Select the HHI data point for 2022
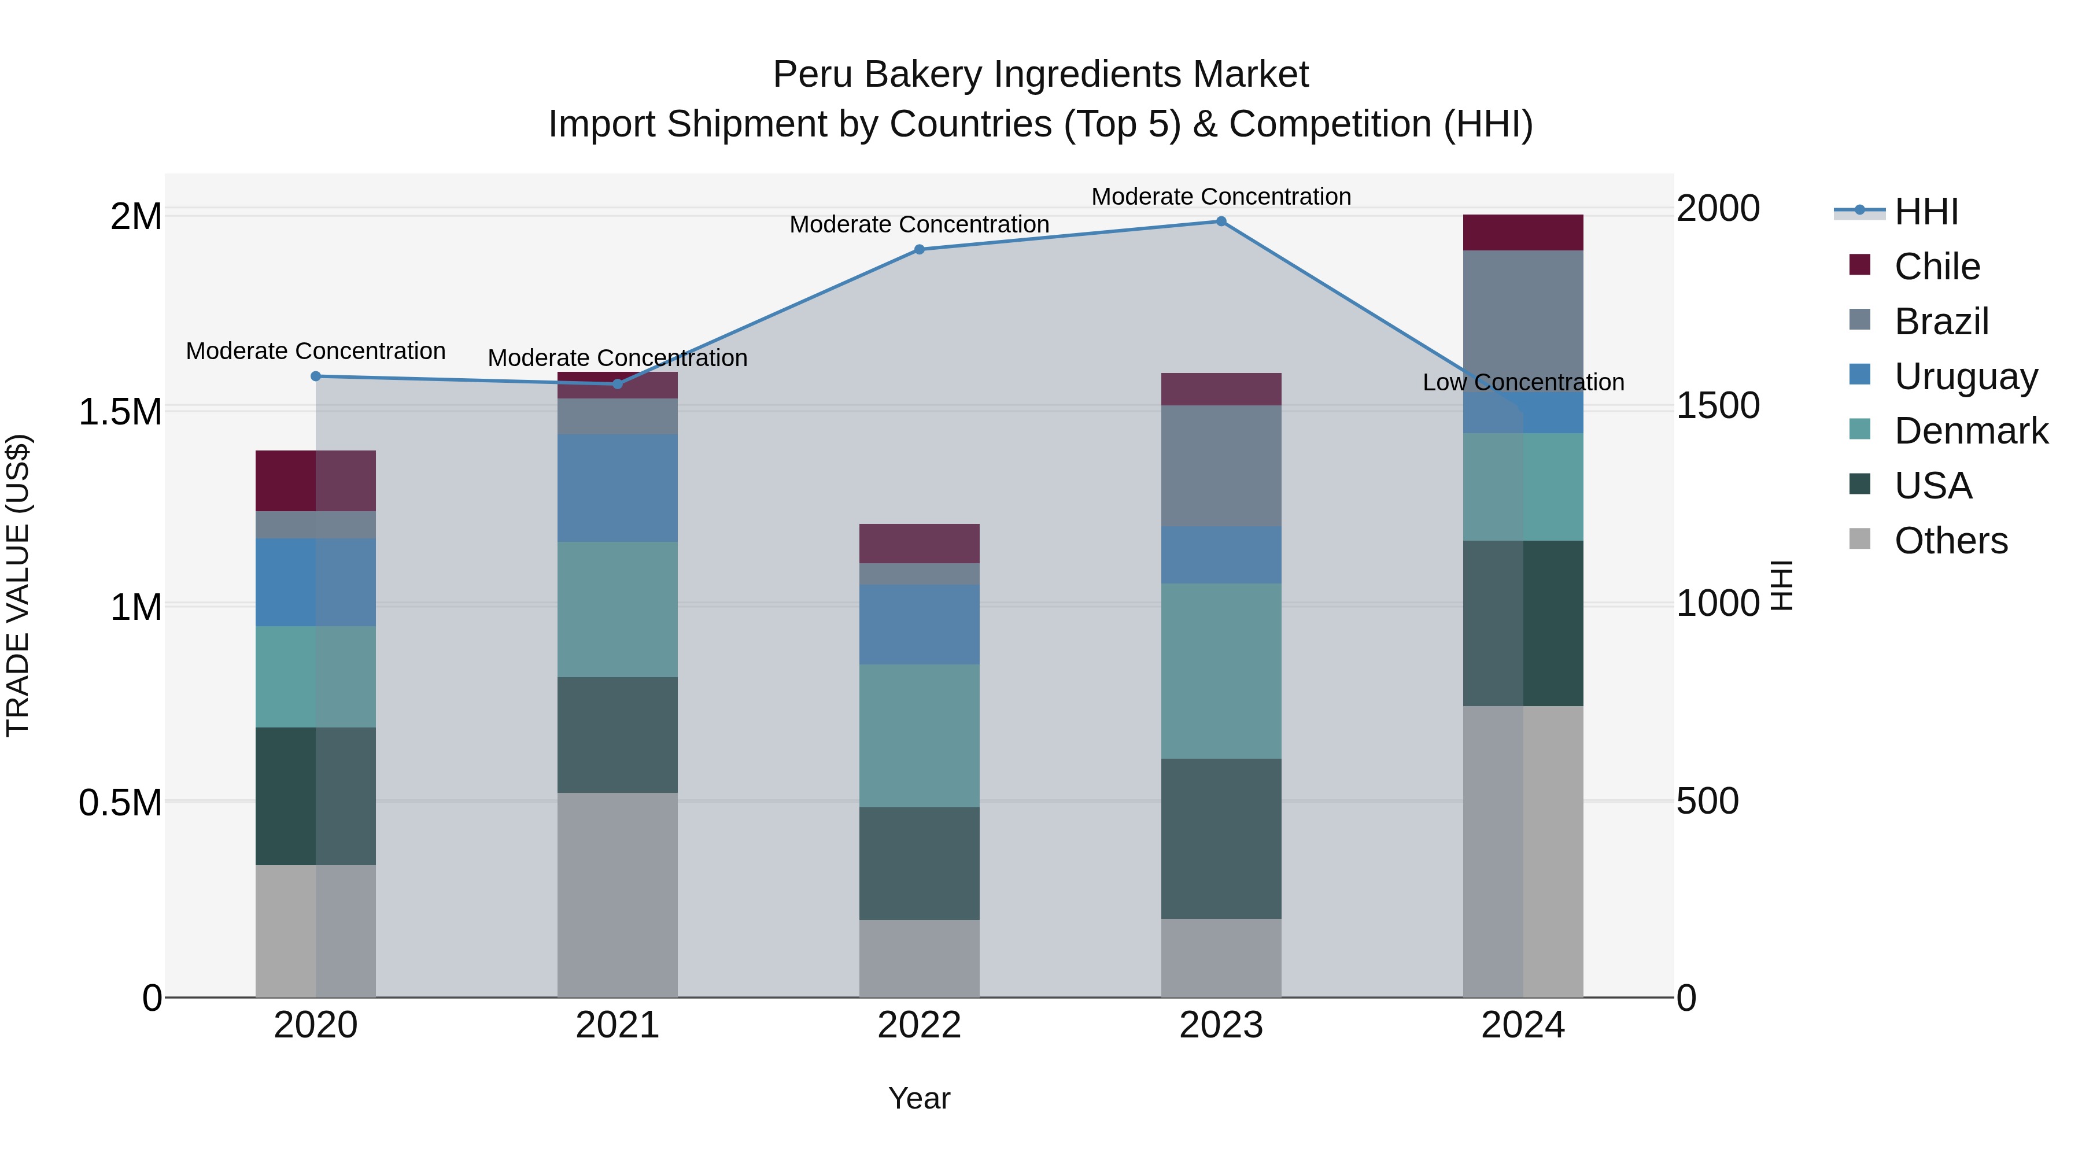pyautogui.click(x=919, y=250)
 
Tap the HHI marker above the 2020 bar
pyautogui.click(x=316, y=376)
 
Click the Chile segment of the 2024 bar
pyautogui.click(x=1523, y=232)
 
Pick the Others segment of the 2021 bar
pyautogui.click(x=618, y=895)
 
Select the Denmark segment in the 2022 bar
pyautogui.click(x=919, y=736)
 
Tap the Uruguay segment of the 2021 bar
pyautogui.click(x=618, y=488)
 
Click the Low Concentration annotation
pyautogui.click(x=1523, y=382)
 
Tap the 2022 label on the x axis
pyautogui.click(x=919, y=1025)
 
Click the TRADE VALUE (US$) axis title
pyautogui.click(x=18, y=586)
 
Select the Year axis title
pyautogui.click(x=919, y=1098)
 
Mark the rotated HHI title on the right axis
pyautogui.click(x=1781, y=586)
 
